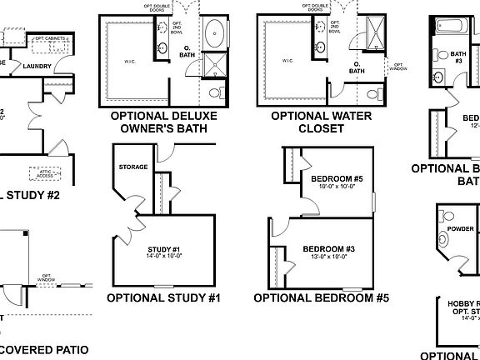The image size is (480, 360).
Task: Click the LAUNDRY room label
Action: click(x=38, y=67)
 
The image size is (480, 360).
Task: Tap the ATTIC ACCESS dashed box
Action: click(x=43, y=173)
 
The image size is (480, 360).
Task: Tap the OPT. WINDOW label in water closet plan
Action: click(x=398, y=66)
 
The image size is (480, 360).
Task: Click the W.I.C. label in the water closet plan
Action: click(x=287, y=61)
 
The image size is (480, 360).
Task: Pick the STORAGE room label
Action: click(x=134, y=167)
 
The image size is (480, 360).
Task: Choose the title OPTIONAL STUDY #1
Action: click(x=162, y=297)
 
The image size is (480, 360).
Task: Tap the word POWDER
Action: click(x=461, y=229)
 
